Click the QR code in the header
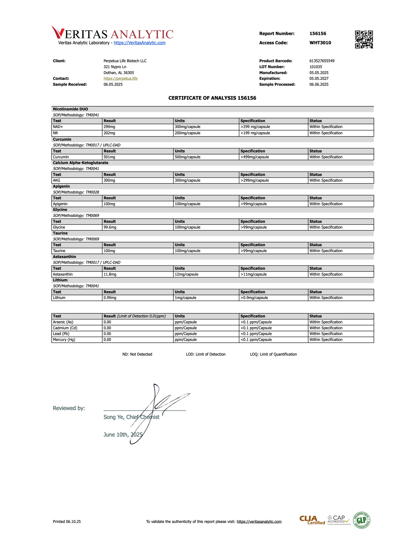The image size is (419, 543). [364, 39]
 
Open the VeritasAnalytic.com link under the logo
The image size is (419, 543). [139, 43]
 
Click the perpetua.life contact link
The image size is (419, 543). [120, 79]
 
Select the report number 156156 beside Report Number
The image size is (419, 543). [318, 34]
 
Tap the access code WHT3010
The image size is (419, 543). [320, 43]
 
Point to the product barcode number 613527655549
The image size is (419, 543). [322, 61]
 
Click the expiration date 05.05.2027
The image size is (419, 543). [319, 79]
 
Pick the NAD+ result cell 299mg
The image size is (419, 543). [109, 127]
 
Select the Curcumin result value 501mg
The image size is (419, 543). [109, 157]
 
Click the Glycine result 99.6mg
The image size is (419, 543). [110, 227]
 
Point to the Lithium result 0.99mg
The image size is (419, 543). [109, 298]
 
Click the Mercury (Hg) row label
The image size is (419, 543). [64, 340]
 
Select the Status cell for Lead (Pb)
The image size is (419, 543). [326, 334]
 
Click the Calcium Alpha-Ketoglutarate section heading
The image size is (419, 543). [80, 163]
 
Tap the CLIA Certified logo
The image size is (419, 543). [312, 521]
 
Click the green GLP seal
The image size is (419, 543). [361, 520]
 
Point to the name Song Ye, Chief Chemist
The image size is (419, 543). [131, 417]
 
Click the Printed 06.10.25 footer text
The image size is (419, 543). [67, 522]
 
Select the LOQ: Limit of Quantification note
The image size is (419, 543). [273, 355]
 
